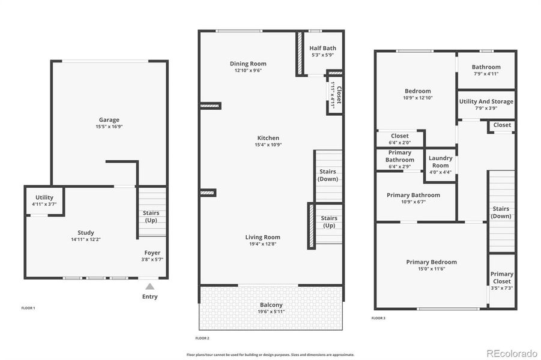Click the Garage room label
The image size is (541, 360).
tap(109, 119)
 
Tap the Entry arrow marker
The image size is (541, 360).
tap(150, 286)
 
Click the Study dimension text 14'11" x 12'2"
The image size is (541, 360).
tap(86, 239)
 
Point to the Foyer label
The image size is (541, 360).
tap(152, 253)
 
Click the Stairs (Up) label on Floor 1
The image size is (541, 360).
tap(151, 217)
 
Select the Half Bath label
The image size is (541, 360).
tap(322, 48)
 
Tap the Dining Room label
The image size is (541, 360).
tap(248, 64)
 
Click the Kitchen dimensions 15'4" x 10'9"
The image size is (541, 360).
tap(268, 145)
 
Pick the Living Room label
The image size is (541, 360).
tap(262, 237)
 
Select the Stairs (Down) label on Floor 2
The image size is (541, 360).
tap(328, 175)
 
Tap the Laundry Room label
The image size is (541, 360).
tap(440, 162)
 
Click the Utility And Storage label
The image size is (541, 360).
tap(486, 101)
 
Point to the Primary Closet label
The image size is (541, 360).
tap(501, 278)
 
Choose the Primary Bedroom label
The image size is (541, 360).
tap(431, 262)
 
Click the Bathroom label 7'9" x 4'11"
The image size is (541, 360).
tap(486, 67)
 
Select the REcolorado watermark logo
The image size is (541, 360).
tap(512, 352)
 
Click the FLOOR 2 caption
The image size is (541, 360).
tap(202, 338)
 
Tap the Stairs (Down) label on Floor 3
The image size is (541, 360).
tap(501, 212)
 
